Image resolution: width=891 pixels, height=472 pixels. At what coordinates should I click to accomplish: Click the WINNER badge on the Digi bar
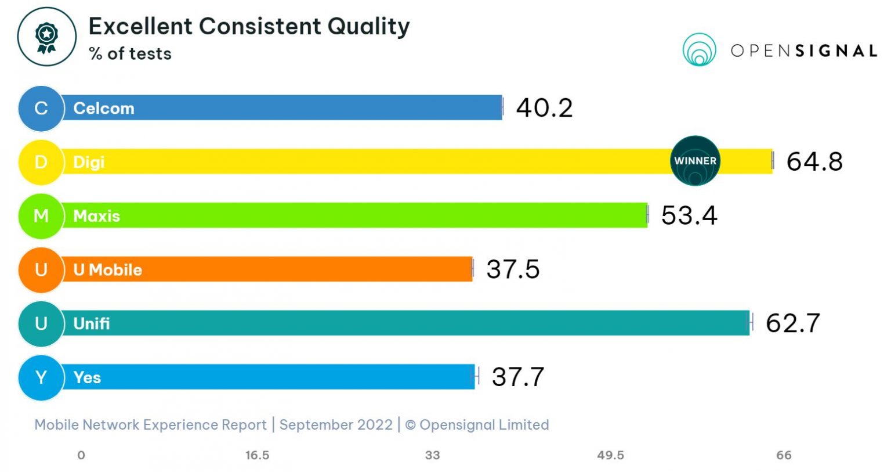click(695, 161)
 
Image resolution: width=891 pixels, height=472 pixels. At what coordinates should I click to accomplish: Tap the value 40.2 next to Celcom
click(544, 108)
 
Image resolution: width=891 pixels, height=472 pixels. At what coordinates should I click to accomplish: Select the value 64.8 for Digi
click(814, 161)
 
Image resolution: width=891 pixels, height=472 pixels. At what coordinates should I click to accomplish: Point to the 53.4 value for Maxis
click(689, 215)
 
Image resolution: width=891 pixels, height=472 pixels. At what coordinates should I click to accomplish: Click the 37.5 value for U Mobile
click(513, 269)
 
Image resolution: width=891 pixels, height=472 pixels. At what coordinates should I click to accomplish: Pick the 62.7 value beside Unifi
click(792, 323)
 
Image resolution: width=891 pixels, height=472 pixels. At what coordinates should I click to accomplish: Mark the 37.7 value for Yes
click(517, 377)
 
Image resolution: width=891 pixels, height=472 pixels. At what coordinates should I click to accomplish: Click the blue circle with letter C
click(41, 108)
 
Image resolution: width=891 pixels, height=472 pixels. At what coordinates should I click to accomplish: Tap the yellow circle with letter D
click(41, 162)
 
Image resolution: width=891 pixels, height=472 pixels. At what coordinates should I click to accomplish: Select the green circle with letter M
click(41, 216)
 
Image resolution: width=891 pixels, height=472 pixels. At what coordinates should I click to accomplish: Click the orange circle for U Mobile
click(41, 270)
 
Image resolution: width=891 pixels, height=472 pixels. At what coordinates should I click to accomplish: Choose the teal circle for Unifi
click(41, 323)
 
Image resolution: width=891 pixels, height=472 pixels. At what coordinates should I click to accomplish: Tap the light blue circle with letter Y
click(41, 377)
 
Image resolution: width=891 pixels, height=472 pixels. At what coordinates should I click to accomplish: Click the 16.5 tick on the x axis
click(257, 455)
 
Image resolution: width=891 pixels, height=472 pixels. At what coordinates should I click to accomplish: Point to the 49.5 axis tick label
click(610, 455)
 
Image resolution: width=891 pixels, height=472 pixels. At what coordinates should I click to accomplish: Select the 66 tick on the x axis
click(784, 455)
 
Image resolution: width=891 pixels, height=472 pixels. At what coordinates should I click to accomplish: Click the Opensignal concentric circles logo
click(699, 50)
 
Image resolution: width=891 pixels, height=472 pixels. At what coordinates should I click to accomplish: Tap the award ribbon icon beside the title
click(46, 37)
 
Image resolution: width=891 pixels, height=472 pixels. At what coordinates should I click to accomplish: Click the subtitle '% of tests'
click(130, 54)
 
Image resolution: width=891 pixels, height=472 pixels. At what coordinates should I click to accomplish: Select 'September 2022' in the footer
click(336, 425)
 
